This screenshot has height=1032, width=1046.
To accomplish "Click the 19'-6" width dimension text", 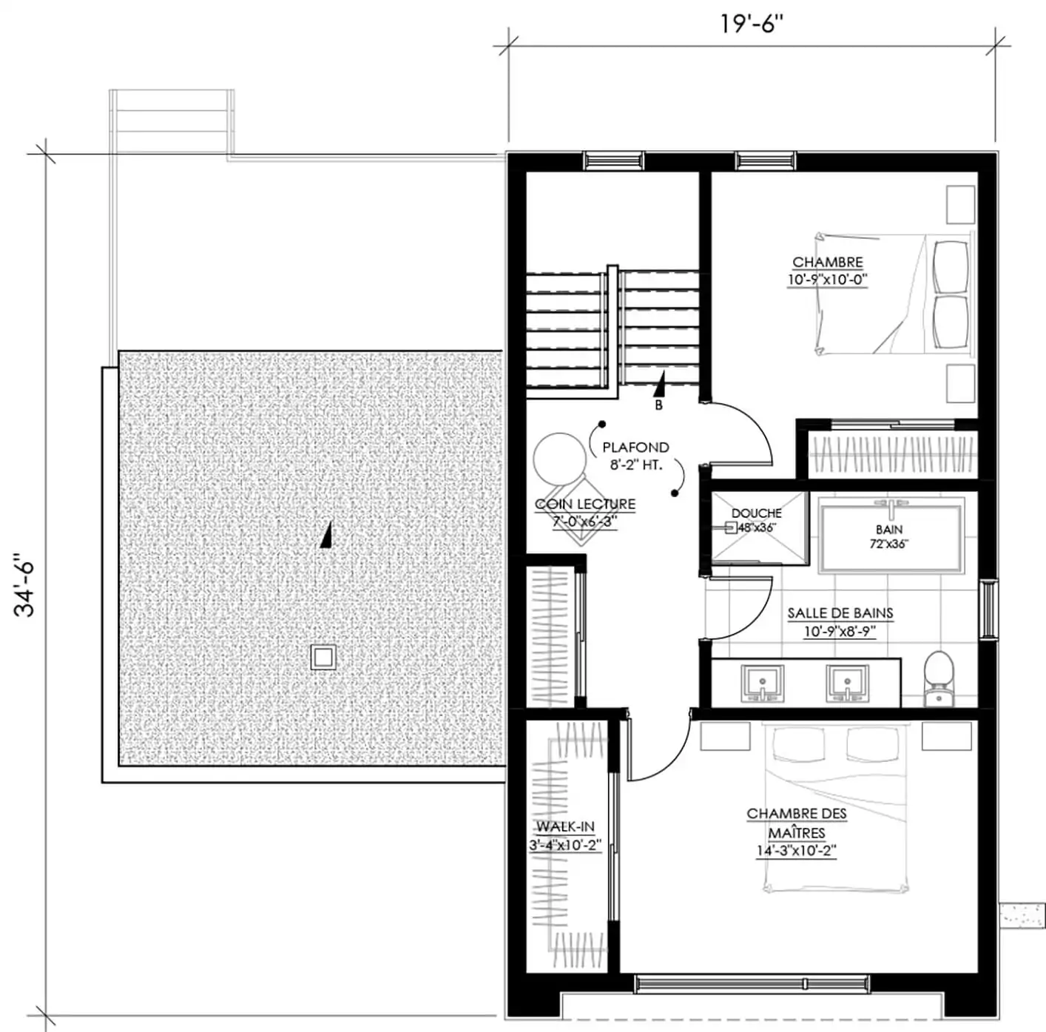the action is (752, 24).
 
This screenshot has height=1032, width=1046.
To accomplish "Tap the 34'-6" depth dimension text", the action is (24, 585).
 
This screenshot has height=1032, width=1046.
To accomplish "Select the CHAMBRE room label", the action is (827, 262).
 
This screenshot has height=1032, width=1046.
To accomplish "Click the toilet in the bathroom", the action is (939, 679).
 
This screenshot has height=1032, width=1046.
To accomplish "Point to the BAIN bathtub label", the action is (889, 529).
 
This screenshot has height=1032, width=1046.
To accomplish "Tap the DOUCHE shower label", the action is (756, 513).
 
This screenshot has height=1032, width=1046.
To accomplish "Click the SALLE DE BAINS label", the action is (840, 613).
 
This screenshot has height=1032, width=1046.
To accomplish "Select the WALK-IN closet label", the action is (565, 827).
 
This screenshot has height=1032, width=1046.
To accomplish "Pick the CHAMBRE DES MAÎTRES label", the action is (796, 823).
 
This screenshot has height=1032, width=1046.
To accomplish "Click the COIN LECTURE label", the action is (585, 505).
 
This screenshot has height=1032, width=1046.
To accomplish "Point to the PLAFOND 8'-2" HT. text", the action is (635, 456).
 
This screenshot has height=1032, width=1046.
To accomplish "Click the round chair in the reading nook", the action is (560, 459).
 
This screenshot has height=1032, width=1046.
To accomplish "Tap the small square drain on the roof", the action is (323, 658).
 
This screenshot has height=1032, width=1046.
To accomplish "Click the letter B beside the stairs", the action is (658, 405).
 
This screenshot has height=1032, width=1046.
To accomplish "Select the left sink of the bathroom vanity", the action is (763, 683).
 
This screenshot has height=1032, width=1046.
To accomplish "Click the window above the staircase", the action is (613, 161).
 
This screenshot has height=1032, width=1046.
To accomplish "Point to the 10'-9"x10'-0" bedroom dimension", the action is (827, 280).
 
